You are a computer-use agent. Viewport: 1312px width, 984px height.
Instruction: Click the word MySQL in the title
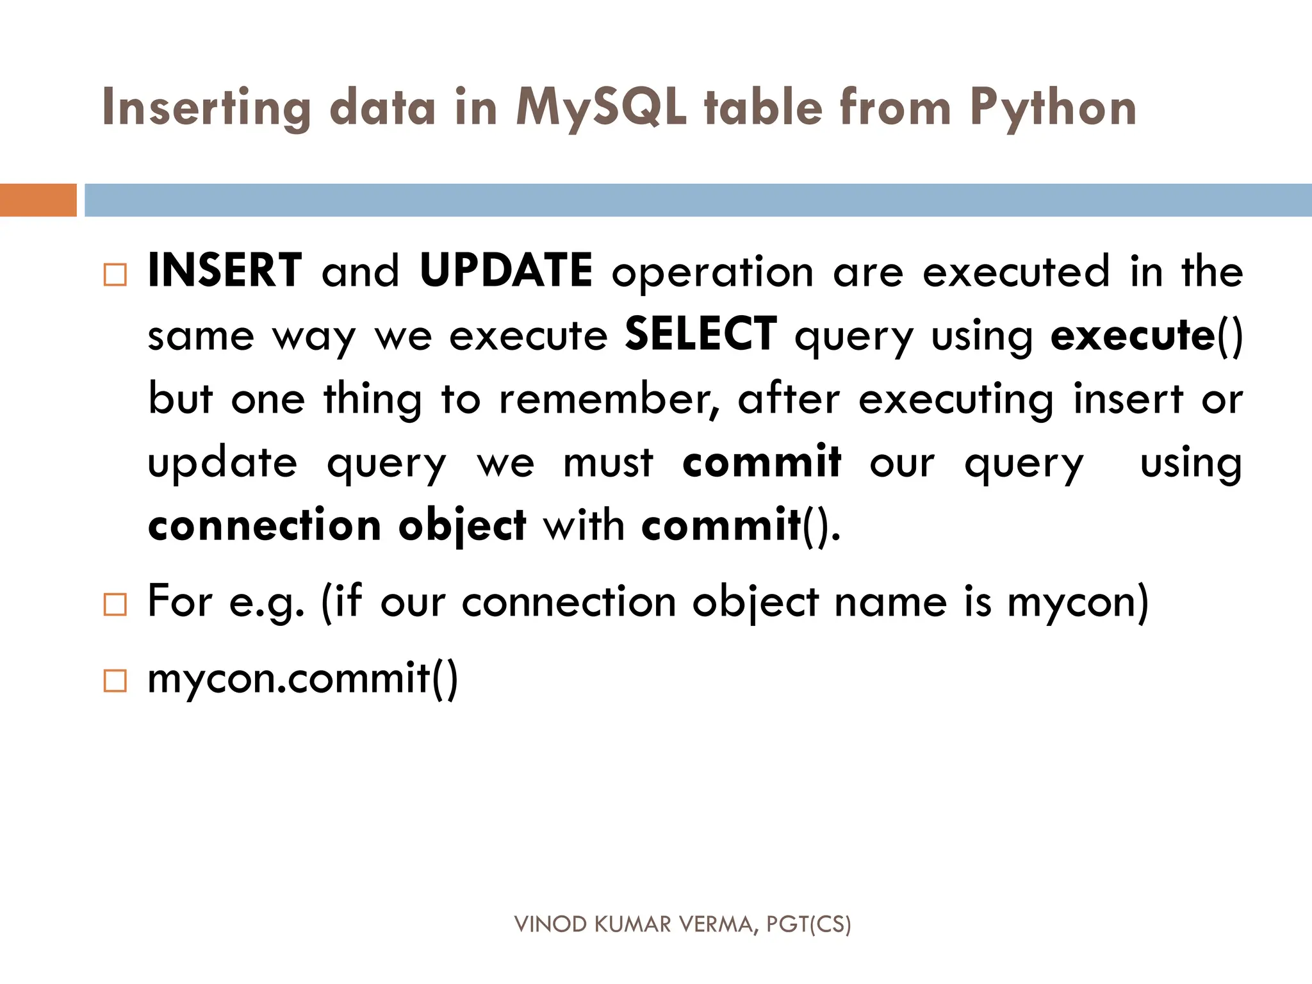[x=601, y=108]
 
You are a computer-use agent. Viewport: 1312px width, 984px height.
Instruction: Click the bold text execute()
[x=1146, y=335]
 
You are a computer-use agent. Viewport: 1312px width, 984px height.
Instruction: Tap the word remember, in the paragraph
[x=609, y=399]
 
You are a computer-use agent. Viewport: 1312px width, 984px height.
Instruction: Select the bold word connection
[x=264, y=526]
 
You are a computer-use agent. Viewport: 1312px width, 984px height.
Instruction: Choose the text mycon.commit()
[x=302, y=679]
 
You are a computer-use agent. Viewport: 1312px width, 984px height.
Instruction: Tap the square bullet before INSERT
[x=115, y=275]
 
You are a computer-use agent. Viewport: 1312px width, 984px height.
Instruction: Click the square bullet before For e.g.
[x=115, y=604]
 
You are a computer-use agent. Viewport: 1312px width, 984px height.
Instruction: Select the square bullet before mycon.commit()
[x=115, y=680]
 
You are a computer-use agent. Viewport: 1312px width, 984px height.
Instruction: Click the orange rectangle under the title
[x=38, y=200]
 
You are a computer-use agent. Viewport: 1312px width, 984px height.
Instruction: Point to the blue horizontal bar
[x=698, y=200]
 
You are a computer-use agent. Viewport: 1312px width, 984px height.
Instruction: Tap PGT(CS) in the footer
[x=808, y=924]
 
